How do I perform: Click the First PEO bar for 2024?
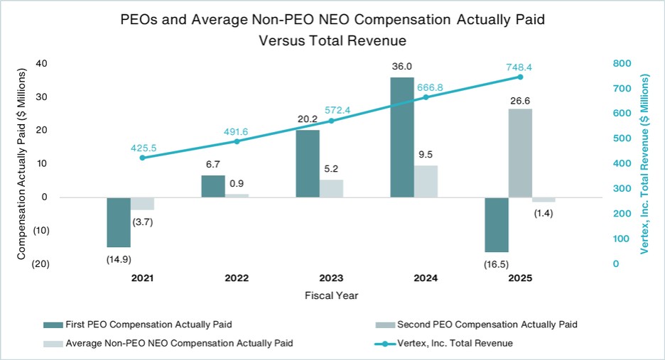(x=402, y=137)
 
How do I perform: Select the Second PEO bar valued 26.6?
(x=520, y=153)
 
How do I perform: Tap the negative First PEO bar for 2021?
(x=119, y=222)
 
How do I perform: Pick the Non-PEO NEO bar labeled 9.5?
(x=426, y=182)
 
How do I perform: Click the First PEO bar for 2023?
(x=308, y=164)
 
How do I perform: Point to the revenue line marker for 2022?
(x=237, y=141)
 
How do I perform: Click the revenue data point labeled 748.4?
(x=520, y=77)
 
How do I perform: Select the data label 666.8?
(x=430, y=87)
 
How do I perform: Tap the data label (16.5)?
(x=496, y=265)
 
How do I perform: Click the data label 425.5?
(x=144, y=148)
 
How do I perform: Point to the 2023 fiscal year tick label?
(x=331, y=278)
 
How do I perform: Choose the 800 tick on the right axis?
(x=622, y=64)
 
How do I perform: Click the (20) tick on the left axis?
(x=40, y=263)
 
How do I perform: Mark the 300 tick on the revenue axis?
(x=622, y=189)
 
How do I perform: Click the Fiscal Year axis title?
(x=331, y=295)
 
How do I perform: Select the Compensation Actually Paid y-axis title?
(x=21, y=164)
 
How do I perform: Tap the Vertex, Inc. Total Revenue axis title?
(x=644, y=164)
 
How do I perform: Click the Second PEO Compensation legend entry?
(x=476, y=324)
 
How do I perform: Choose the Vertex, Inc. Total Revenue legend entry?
(x=443, y=344)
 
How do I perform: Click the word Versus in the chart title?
(x=281, y=40)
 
